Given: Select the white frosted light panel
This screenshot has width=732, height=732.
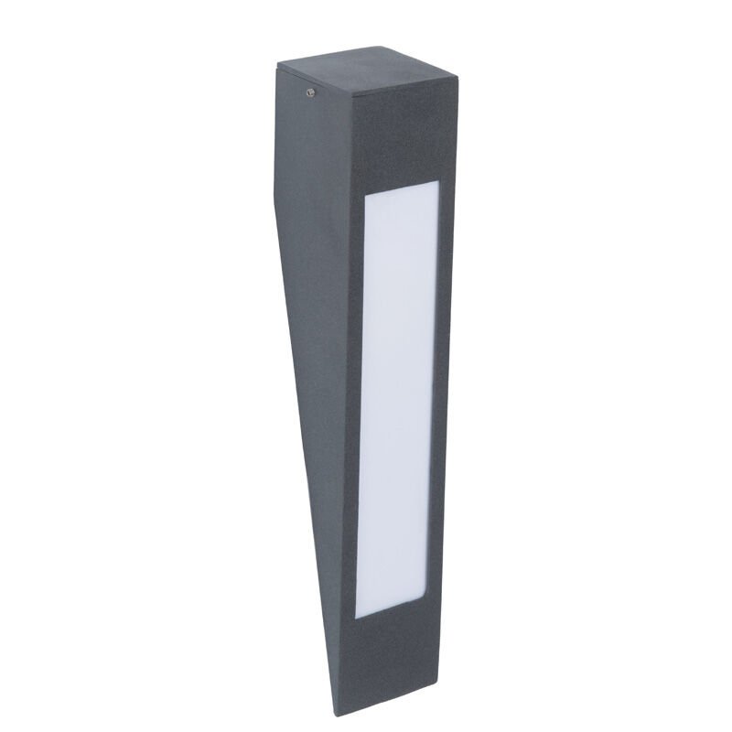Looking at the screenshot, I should (395, 398).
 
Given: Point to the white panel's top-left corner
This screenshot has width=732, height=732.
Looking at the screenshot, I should (367, 196).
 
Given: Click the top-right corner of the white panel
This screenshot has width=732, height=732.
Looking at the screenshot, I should (438, 181).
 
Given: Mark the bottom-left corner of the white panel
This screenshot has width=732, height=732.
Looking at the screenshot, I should (356, 615).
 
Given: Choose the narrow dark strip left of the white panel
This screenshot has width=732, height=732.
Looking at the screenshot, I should (353, 403).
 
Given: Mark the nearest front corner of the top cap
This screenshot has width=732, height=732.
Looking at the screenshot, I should (355, 96).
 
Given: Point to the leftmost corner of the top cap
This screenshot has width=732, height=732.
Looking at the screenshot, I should (277, 63).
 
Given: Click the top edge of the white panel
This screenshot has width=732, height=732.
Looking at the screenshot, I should (403, 188).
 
